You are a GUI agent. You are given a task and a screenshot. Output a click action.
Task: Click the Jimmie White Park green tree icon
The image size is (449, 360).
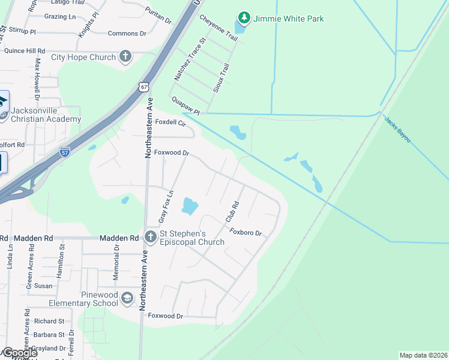pos(243,19)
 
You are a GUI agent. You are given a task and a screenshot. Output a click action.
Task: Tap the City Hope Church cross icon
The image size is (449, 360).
pos(125,57)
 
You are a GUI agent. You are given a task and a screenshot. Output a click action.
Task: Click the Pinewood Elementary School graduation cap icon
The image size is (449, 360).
pos(127,298)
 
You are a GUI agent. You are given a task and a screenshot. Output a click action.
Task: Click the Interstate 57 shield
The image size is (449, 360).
pos(65,152)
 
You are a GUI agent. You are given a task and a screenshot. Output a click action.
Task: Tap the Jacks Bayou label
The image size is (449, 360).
pos(397,130)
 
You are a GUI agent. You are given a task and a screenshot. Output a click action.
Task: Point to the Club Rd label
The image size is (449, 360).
pos(232,212)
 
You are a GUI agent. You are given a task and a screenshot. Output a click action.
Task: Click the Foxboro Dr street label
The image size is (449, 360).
pos(246,233)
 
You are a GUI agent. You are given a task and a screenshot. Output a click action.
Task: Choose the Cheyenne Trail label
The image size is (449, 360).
pos(218,28)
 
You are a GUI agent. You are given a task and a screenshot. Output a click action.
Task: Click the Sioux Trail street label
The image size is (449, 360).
pos(221,77)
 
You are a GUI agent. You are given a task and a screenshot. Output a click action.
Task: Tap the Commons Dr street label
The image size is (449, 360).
pos(127,34)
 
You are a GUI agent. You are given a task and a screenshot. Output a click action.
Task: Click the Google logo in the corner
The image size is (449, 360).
pos(19,353)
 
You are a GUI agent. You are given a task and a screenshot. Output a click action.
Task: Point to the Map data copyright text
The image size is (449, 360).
pos(423,355)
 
